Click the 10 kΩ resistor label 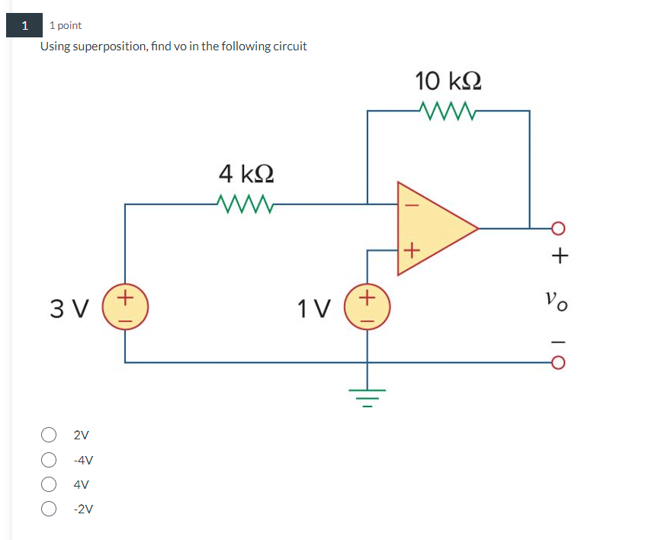point(448,80)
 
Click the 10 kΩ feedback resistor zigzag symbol point(448,112)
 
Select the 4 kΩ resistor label point(246,174)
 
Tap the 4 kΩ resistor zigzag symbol point(246,204)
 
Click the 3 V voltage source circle point(126,307)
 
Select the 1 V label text point(315,309)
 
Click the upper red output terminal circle point(558,227)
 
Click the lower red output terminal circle point(558,362)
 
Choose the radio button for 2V point(49,436)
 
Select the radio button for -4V point(49,460)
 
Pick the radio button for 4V point(49,484)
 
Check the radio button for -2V point(49,509)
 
